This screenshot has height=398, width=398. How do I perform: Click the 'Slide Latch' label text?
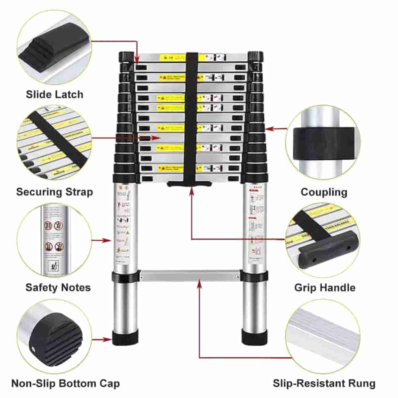(55, 94)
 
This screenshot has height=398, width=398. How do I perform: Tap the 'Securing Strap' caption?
(55, 192)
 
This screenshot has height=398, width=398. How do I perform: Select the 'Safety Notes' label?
(58, 287)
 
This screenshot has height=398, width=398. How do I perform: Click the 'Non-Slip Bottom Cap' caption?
(65, 384)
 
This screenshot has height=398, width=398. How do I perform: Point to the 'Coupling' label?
(324, 192)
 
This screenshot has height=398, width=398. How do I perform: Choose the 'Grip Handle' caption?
(325, 287)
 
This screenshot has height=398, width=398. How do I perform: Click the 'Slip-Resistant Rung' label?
(324, 384)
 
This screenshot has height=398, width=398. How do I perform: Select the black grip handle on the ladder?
(189, 183)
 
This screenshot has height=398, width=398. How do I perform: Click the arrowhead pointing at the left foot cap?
(109, 339)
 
